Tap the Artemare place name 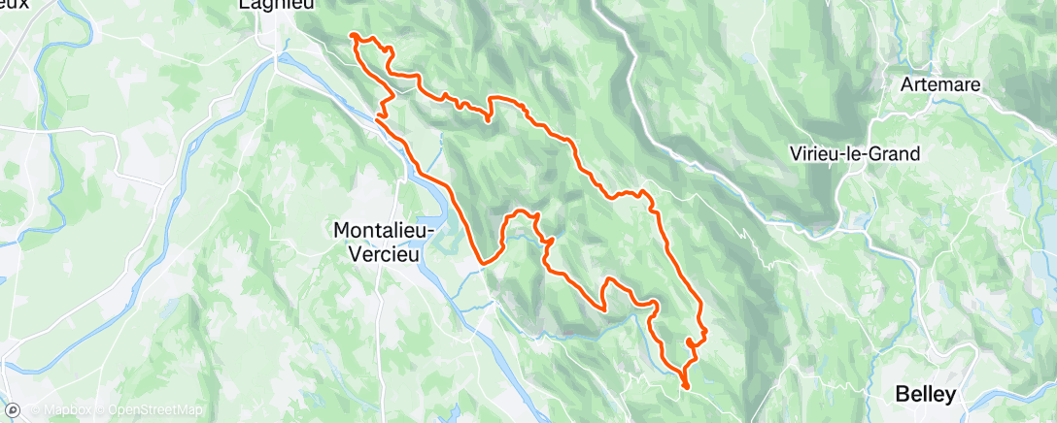click(940, 84)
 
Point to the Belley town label click(925, 394)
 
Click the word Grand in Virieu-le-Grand click(898, 153)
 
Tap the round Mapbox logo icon click(17, 409)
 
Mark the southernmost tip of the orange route click(686, 388)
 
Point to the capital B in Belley click(901, 394)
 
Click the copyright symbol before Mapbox click(37, 410)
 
